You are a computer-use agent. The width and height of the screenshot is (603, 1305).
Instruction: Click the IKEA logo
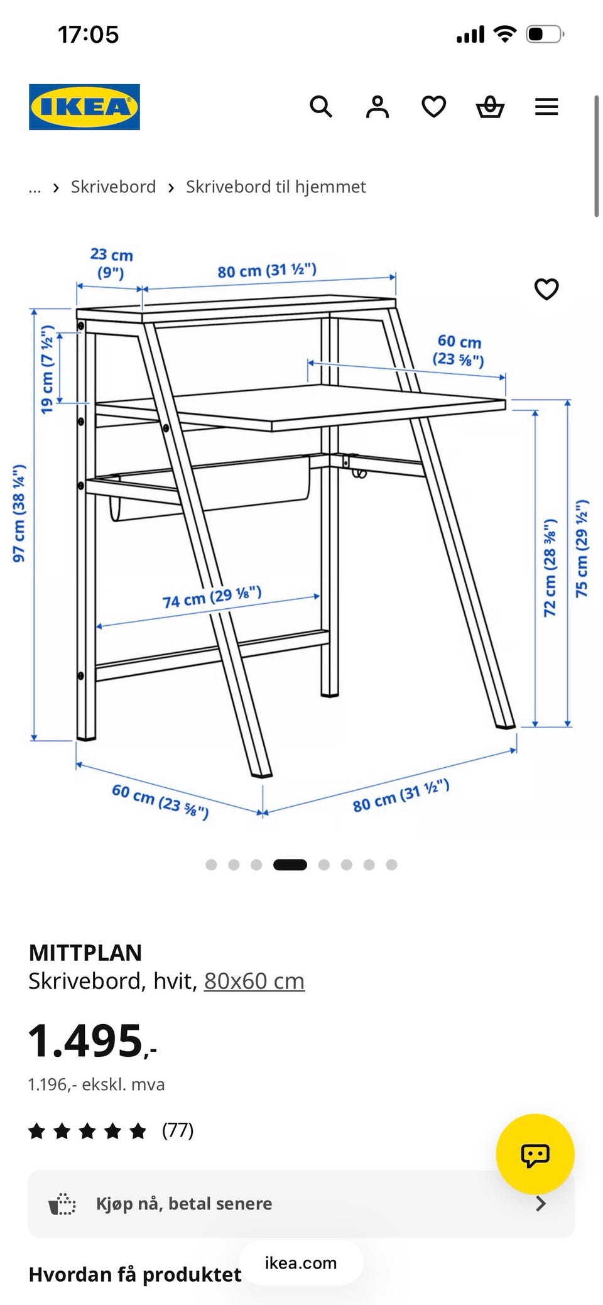pyautogui.click(x=84, y=107)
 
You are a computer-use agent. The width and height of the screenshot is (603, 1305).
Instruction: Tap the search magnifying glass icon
pyautogui.click(x=321, y=107)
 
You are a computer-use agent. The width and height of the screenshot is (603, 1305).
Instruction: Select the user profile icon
pyautogui.click(x=378, y=107)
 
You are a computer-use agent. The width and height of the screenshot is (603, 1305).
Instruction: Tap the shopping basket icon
pyautogui.click(x=490, y=107)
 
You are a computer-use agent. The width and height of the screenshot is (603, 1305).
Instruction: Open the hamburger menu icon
pyautogui.click(x=546, y=107)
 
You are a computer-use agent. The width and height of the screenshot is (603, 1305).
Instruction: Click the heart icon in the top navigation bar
pyautogui.click(x=433, y=107)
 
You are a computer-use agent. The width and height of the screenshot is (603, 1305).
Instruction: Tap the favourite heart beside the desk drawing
pyautogui.click(x=546, y=289)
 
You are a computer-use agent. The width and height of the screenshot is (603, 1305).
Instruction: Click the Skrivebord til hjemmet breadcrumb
pyautogui.click(x=276, y=187)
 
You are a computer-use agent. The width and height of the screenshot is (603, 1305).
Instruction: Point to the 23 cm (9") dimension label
pyautogui.click(x=111, y=263)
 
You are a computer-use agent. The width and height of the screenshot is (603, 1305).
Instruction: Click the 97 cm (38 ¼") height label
pyautogui.click(x=19, y=513)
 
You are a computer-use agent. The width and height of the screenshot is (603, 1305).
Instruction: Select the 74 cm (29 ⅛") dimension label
pyautogui.click(x=212, y=597)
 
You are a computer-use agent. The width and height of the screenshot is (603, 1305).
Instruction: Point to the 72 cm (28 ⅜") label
pyautogui.click(x=550, y=567)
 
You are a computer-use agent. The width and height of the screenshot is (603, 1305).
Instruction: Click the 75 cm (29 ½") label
pyautogui.click(x=582, y=549)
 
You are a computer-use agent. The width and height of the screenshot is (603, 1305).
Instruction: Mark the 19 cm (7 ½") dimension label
pyautogui.click(x=47, y=369)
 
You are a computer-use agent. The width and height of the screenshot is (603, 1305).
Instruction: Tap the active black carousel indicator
pyautogui.click(x=290, y=865)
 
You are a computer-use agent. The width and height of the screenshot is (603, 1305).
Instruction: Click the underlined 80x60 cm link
pyautogui.click(x=254, y=981)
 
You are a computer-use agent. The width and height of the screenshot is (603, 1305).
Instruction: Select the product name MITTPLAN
pyautogui.click(x=85, y=953)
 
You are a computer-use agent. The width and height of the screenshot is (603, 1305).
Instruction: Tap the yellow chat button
pyautogui.click(x=535, y=1154)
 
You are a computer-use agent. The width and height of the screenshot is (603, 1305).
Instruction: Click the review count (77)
pyautogui.click(x=178, y=1130)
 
